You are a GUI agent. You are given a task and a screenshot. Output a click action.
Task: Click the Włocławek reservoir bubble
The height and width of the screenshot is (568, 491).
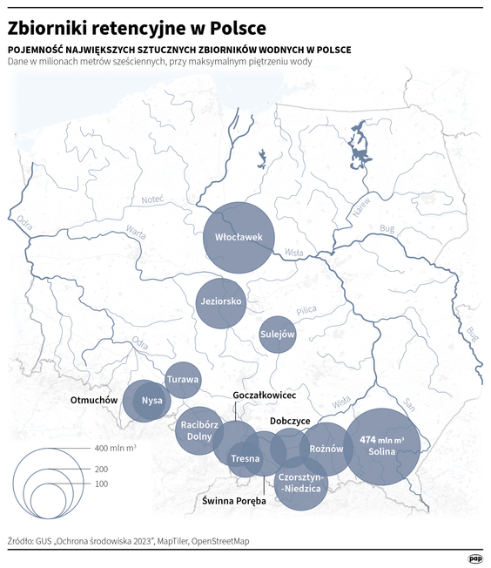239,236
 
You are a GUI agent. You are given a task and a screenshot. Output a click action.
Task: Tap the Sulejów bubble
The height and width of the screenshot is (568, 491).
278,334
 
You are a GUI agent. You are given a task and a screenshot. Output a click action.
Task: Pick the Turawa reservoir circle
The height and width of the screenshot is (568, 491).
183,380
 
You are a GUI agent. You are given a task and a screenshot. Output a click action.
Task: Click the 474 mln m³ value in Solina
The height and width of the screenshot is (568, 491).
381,440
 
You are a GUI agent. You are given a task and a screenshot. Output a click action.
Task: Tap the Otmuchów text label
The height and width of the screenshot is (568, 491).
93,400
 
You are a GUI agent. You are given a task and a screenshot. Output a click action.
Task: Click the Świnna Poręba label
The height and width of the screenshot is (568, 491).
234,501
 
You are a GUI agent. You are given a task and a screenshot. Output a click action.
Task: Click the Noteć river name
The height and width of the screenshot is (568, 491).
153,199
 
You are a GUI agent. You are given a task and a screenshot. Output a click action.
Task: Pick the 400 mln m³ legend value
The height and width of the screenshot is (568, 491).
114,448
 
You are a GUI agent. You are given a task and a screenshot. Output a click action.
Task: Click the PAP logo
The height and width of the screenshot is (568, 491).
474,558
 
